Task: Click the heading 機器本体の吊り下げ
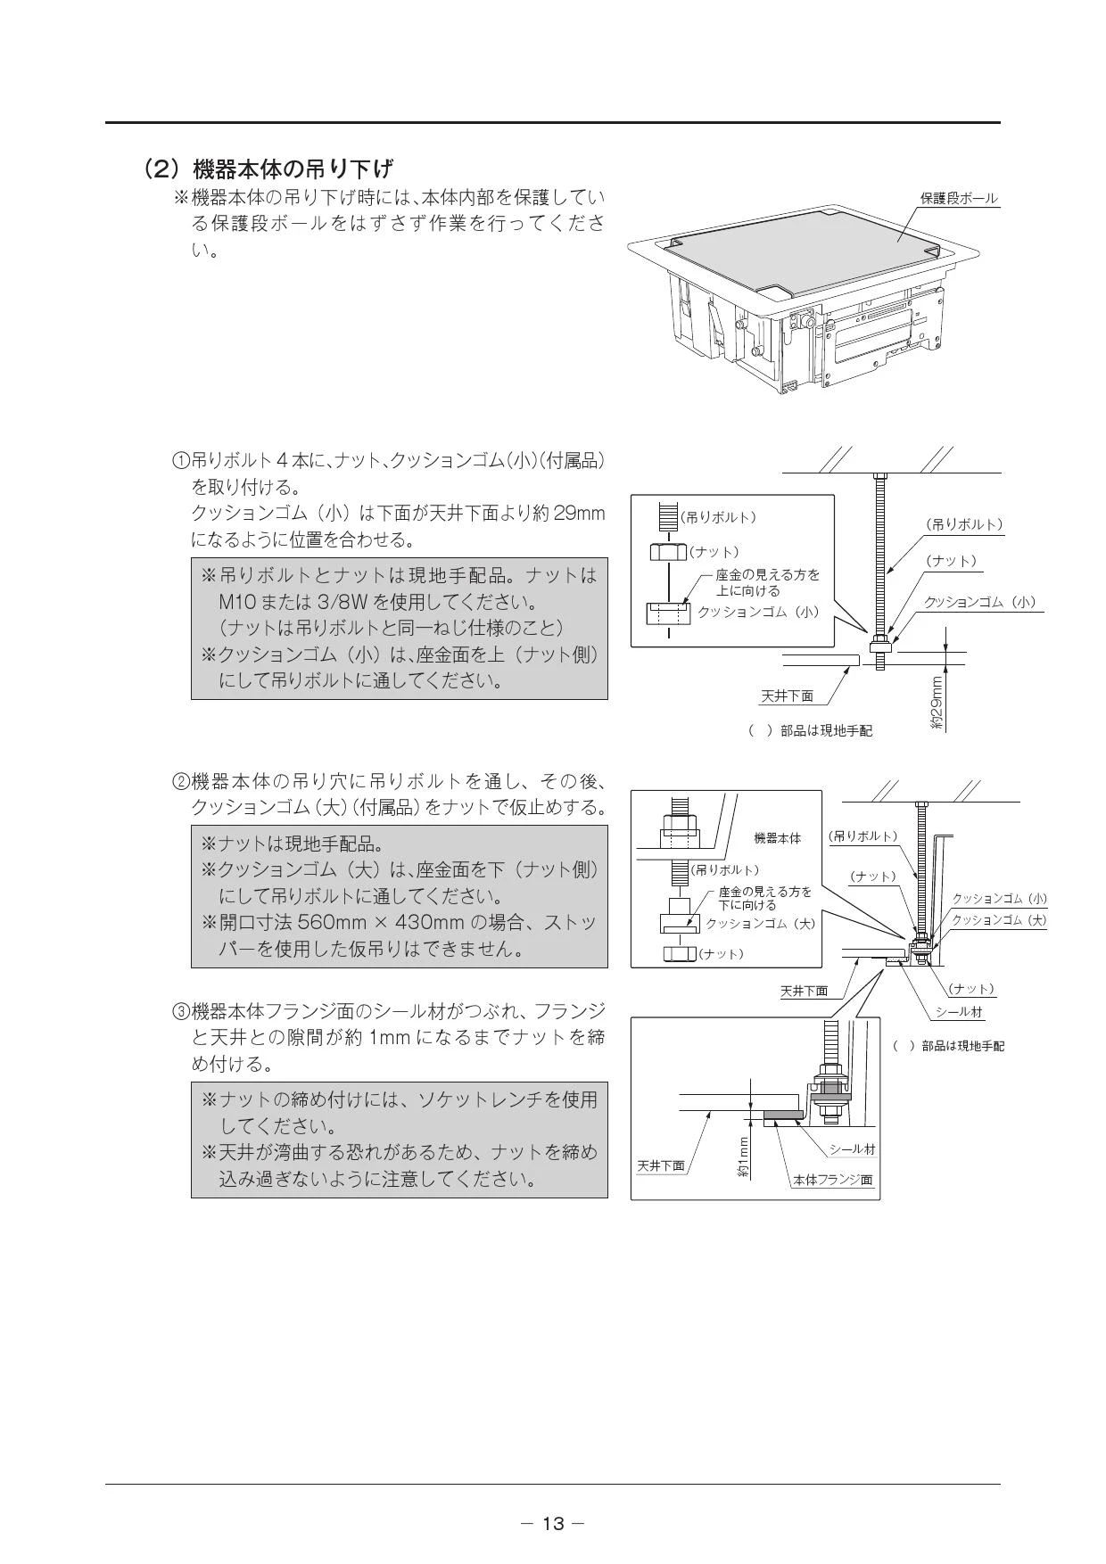click(293, 168)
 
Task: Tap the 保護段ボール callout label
click(959, 198)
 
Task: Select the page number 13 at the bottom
click(553, 1523)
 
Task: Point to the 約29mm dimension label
click(937, 704)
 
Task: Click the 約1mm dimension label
click(743, 1158)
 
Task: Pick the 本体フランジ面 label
click(833, 1180)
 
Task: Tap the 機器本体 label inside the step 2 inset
click(778, 838)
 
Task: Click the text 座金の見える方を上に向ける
click(767, 583)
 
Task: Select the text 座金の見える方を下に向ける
click(764, 898)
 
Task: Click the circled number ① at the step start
click(181, 462)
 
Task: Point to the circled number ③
click(181, 1011)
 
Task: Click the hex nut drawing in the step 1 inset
click(668, 553)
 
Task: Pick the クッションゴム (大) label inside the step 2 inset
click(761, 924)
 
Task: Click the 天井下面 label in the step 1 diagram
click(787, 696)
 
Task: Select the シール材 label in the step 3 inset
click(852, 1149)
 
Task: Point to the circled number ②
click(181, 783)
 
